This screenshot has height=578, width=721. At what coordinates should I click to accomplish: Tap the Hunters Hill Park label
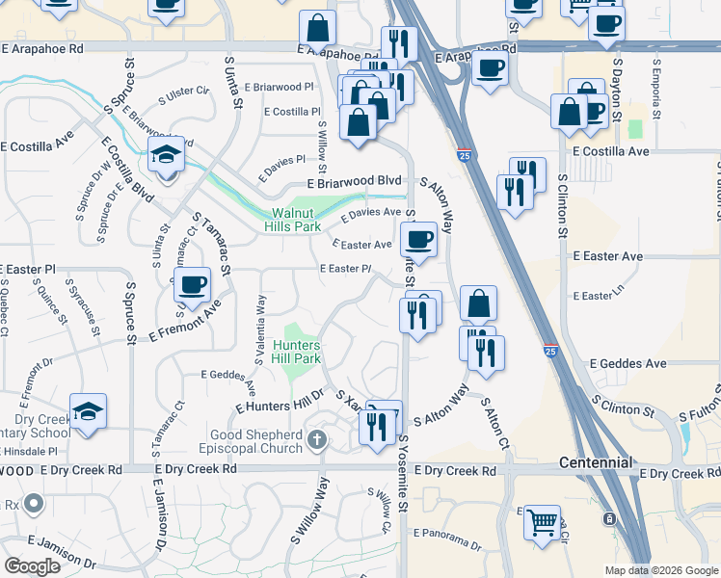[296, 351]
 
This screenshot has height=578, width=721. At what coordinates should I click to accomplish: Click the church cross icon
[317, 441]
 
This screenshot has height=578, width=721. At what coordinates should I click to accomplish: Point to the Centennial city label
[596, 463]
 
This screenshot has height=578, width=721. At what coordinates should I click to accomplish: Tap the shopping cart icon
[542, 521]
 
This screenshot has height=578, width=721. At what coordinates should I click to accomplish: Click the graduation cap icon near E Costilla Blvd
[166, 154]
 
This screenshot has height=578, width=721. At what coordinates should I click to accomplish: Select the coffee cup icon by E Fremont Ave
[194, 284]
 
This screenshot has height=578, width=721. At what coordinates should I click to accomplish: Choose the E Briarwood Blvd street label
[354, 181]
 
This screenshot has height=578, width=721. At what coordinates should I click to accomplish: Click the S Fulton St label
[701, 405]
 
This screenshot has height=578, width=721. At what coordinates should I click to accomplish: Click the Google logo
[32, 565]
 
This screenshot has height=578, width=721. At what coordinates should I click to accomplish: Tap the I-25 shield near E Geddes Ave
[549, 354]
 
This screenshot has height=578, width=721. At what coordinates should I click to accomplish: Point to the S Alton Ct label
[494, 425]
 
